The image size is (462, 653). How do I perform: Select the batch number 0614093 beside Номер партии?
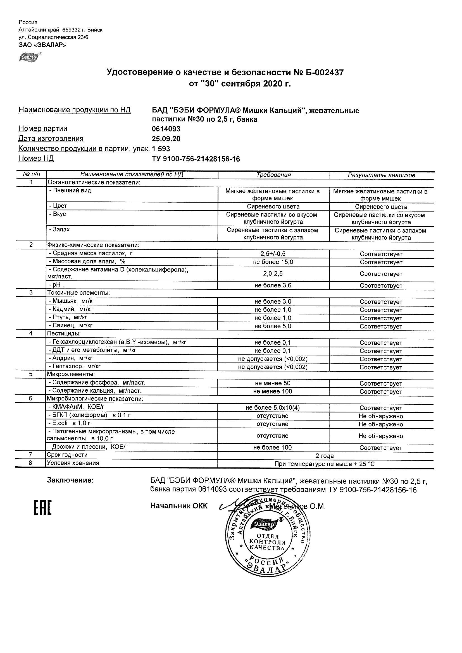166,129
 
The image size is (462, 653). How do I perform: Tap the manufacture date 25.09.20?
166,139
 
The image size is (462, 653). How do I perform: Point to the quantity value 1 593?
161,149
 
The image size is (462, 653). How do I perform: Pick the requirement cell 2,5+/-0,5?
273,254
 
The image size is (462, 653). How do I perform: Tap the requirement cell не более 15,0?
273,262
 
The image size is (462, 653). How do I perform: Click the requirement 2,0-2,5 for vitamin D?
273,274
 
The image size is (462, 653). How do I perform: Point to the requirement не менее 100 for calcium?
273,392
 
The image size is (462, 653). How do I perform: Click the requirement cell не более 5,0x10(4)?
273,408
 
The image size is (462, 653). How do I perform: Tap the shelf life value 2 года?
325,456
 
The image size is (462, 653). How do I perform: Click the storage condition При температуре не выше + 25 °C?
325,464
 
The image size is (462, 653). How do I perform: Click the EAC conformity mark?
43,508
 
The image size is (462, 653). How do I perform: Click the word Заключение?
70,480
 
